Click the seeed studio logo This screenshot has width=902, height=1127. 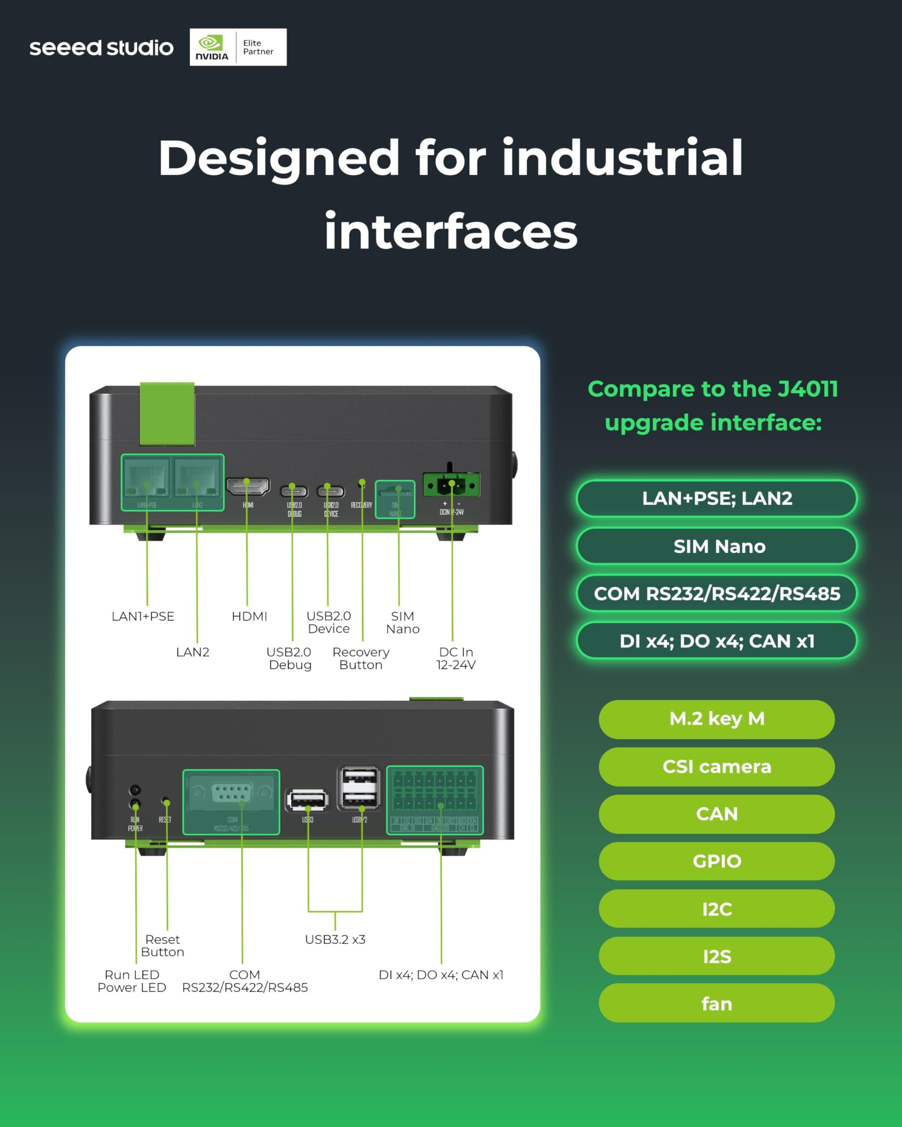(101, 48)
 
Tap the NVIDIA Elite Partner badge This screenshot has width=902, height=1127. (238, 47)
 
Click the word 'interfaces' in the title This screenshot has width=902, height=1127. (451, 232)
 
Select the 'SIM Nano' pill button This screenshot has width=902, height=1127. (717, 546)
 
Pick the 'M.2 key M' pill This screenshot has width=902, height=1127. (717, 719)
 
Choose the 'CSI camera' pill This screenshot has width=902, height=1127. (717, 766)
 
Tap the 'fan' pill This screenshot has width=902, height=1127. (717, 1004)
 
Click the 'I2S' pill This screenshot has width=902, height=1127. (717, 956)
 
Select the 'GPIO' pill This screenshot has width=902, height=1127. (717, 861)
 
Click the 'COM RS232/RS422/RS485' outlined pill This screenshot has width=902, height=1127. (717, 593)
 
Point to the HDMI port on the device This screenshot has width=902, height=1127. (248, 486)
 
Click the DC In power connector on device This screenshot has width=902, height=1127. (451, 485)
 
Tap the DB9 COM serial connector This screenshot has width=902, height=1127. (232, 793)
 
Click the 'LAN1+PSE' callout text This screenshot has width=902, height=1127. (143, 616)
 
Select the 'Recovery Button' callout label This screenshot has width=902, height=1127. (361, 658)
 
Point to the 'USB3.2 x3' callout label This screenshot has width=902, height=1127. (335, 939)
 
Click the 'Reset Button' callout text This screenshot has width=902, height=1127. (163, 946)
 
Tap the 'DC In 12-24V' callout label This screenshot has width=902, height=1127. (456, 658)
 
